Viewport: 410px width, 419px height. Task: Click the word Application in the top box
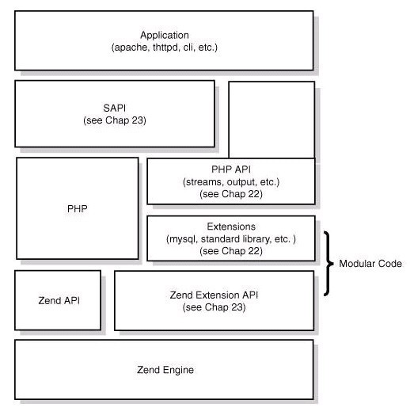click(165, 36)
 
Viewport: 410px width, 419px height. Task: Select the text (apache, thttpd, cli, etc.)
click(165, 48)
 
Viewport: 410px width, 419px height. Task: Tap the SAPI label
click(115, 109)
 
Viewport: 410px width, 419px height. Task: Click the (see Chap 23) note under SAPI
click(115, 121)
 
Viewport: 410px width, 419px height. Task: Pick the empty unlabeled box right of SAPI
click(271, 119)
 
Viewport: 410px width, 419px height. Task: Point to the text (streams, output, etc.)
click(231, 182)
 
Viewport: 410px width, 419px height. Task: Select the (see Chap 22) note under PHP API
click(231, 194)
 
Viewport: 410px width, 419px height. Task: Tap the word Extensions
click(231, 227)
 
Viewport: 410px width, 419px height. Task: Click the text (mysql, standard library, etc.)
click(231, 239)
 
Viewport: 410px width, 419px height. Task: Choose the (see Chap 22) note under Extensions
click(231, 251)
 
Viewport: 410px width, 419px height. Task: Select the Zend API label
click(59, 301)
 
